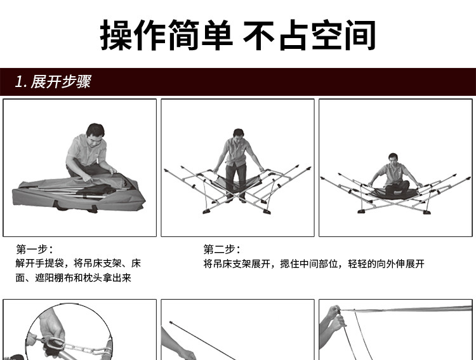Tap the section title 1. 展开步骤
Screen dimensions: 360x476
(53, 82)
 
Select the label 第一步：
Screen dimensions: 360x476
(34, 250)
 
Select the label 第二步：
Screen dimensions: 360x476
(222, 250)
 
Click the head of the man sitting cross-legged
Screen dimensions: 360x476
(393, 158)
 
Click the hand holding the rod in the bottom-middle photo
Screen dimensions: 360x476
(185, 352)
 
